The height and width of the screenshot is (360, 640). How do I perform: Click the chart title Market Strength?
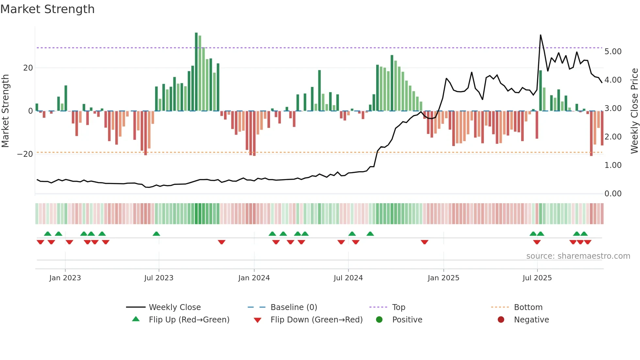pyautogui.click(x=47, y=9)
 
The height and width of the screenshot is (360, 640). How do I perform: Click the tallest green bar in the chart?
pyautogui.click(x=196, y=72)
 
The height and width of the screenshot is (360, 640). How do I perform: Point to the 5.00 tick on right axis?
pyautogui.click(x=613, y=52)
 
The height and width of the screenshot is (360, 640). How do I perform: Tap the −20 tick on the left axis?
pyautogui.click(x=25, y=154)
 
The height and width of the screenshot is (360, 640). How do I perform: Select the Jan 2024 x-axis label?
pyautogui.click(x=254, y=278)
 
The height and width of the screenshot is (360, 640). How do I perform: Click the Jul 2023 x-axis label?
pyautogui.click(x=159, y=278)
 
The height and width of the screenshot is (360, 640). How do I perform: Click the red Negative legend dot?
pyautogui.click(x=501, y=320)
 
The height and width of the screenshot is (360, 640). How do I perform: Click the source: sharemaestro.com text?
pyautogui.click(x=578, y=256)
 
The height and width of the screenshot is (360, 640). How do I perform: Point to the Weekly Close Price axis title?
pyautogui.click(x=634, y=111)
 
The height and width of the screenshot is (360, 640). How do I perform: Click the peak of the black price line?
pyautogui.click(x=540, y=35)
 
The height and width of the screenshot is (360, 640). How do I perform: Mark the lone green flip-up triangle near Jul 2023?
pyautogui.click(x=156, y=234)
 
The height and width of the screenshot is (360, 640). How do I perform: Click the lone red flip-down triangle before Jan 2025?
pyautogui.click(x=424, y=242)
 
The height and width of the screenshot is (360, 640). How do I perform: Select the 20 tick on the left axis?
pyautogui.click(x=28, y=68)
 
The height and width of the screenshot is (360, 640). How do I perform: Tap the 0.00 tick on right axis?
pyautogui.click(x=613, y=194)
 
